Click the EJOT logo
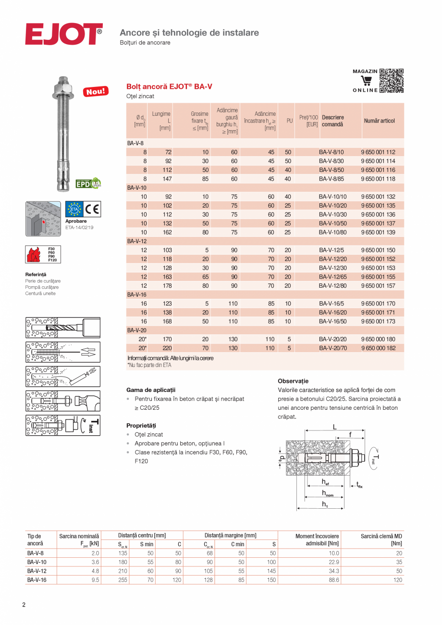tap(63, 34)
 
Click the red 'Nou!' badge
tap(96, 91)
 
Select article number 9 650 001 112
tap(378, 152)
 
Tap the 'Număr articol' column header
tap(379, 121)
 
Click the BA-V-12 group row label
tap(137, 241)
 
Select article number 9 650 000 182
tap(378, 348)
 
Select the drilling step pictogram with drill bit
tap(63, 327)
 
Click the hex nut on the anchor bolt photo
tap(63, 88)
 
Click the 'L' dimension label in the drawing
tap(334, 427)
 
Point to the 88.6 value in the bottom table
tap(332, 580)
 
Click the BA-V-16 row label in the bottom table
tap(37, 580)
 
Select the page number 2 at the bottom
tap(24, 604)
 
